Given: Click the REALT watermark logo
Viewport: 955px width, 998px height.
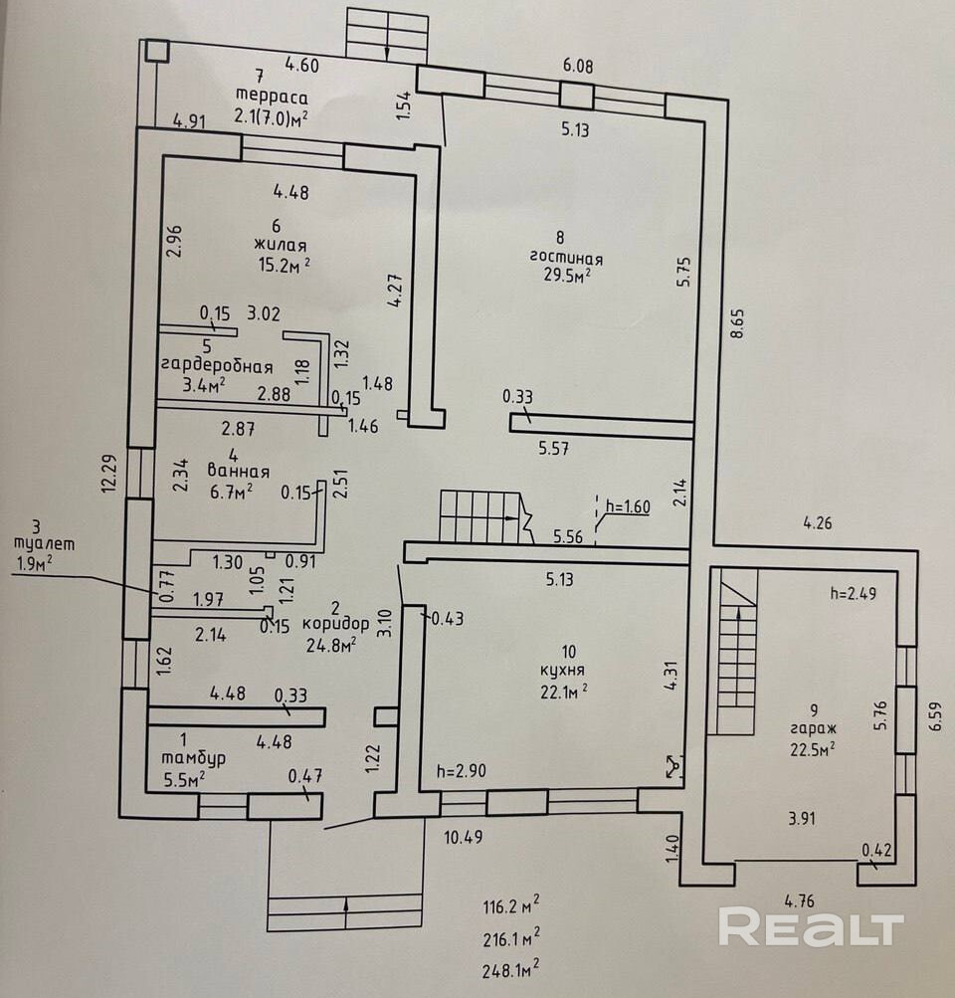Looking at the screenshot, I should tap(811, 927).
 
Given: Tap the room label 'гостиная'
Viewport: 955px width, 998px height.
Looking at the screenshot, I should tap(566, 257).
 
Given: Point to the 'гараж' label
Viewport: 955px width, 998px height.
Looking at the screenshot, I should tap(814, 728).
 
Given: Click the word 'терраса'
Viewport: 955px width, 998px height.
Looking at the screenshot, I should tap(272, 98).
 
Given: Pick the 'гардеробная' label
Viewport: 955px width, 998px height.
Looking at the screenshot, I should tap(216, 364).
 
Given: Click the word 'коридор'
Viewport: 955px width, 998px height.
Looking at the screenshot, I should tap(336, 624).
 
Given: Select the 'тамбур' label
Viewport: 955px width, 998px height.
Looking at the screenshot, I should tap(192, 758).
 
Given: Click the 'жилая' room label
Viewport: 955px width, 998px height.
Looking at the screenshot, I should tap(280, 246).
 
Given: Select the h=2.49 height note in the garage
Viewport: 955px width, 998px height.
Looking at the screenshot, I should tap(858, 594).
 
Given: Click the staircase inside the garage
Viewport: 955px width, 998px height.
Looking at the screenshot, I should tap(736, 652).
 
